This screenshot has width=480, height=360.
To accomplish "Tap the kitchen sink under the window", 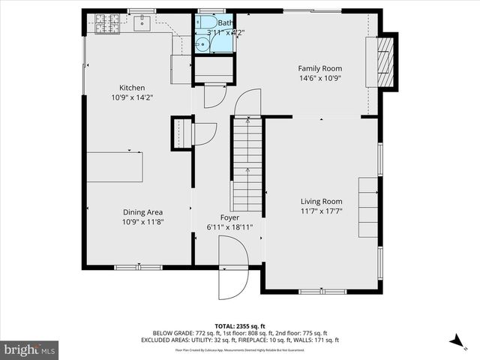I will coord(143,23).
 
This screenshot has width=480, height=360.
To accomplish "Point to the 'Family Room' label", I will coord(320,67).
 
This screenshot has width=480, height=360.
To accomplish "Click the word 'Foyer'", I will coord(229,217).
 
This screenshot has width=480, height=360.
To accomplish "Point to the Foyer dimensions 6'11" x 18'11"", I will coord(229,227).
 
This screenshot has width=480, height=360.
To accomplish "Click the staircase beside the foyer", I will coord(247,165).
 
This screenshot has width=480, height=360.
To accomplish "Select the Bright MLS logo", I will coord(30,349).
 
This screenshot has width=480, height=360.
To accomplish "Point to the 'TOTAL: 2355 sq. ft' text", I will coord(239,326).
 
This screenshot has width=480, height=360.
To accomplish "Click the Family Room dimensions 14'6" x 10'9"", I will coord(320,77).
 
